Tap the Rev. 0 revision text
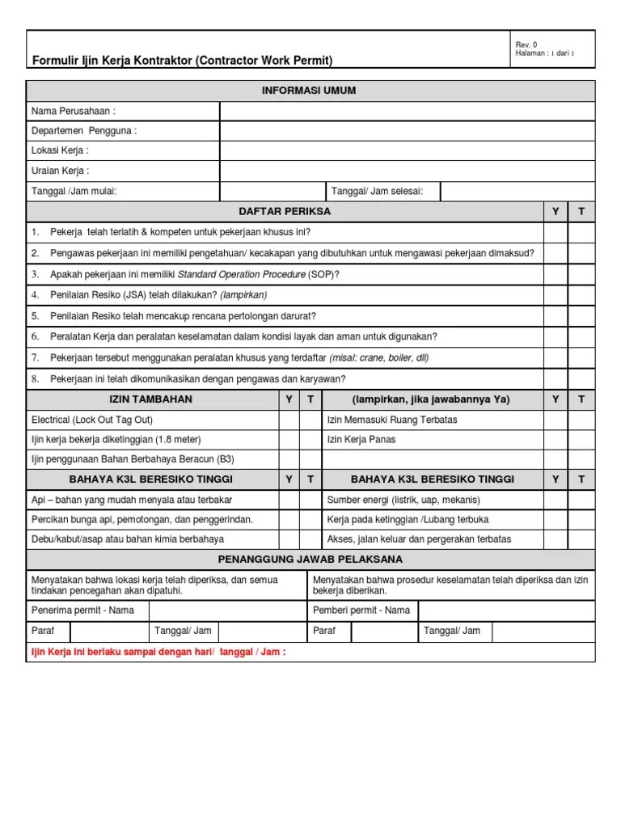pos(526,44)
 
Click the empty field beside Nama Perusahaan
pos(407,111)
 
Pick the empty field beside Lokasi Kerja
pos(407,150)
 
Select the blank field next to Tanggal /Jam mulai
pos(272,191)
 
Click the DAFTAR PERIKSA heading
pos(285,212)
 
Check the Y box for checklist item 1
pos(555,232)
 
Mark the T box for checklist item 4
pos(581,295)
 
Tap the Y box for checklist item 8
pos(555,378)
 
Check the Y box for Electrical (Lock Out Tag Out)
pos(289,420)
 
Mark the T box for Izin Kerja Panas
pos(581,440)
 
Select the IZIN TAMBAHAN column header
pos(151,399)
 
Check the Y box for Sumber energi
pos(555,499)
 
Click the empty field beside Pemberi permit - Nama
pos(506,610)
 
